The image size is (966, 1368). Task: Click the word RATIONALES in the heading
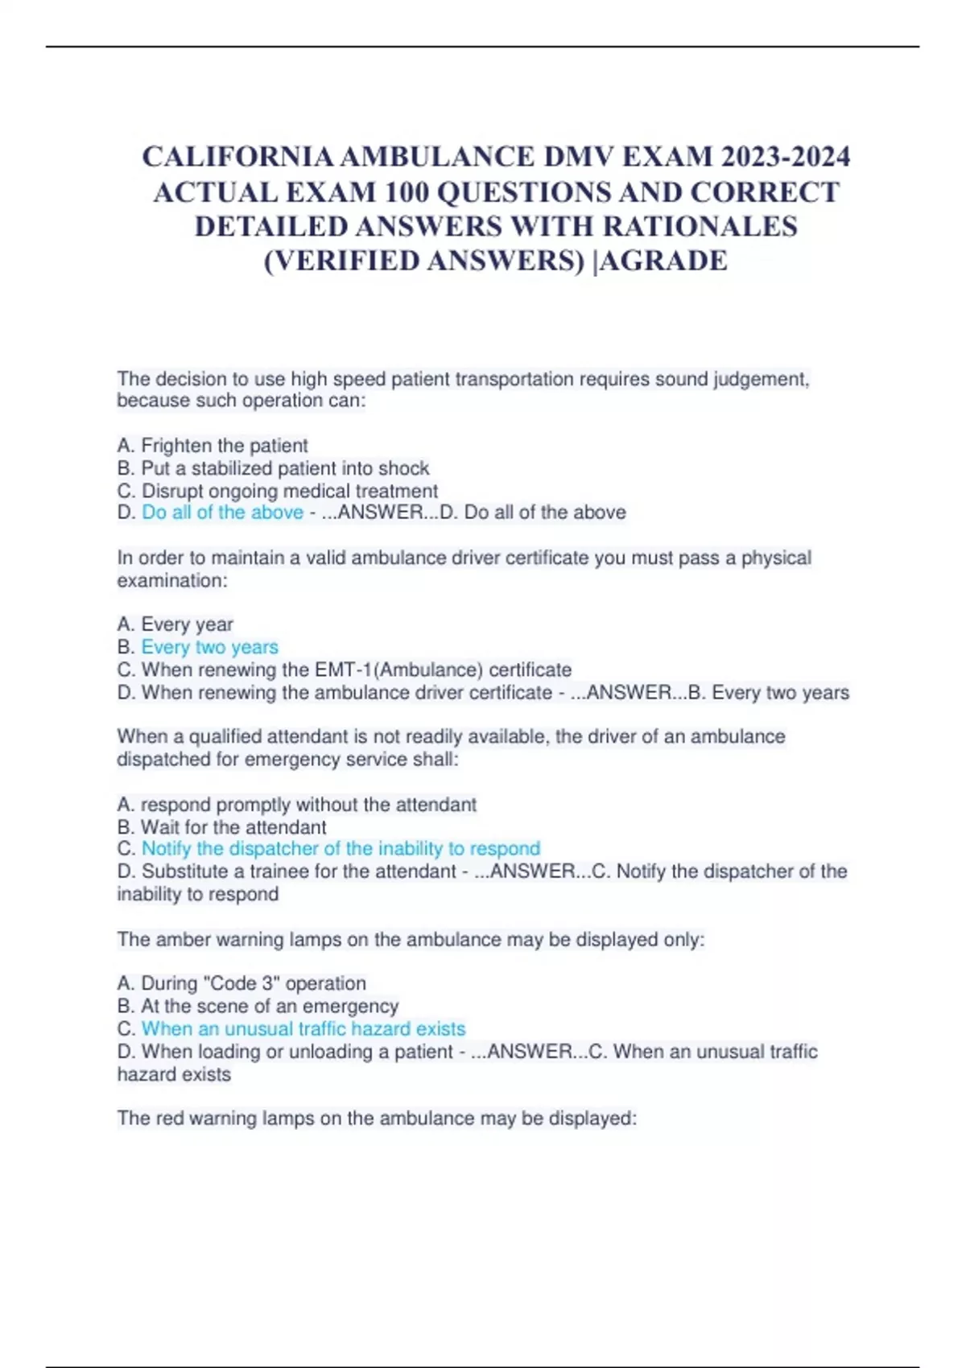pyautogui.click(x=700, y=226)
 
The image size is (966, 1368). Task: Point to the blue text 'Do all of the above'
pyautogui.click(x=223, y=513)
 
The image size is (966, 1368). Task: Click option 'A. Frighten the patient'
pyautogui.click(x=213, y=446)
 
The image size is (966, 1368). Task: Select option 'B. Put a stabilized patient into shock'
pyautogui.click(x=273, y=468)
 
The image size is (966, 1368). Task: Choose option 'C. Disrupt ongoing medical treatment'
pyautogui.click(x=278, y=491)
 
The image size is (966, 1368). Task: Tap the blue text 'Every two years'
pyautogui.click(x=210, y=647)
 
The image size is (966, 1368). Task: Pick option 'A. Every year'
pyautogui.click(x=175, y=624)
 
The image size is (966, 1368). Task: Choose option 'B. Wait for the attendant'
pyautogui.click(x=222, y=827)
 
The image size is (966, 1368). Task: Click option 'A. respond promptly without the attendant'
pyautogui.click(x=297, y=805)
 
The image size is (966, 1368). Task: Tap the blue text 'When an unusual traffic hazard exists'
pyautogui.click(x=303, y=1028)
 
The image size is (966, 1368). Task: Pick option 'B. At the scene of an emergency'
pyautogui.click(x=258, y=1006)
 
